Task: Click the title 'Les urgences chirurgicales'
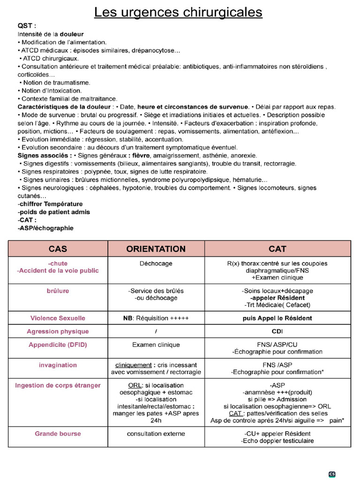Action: click(x=178, y=12)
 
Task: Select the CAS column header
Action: click(x=58, y=249)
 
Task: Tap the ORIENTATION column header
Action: click(x=156, y=249)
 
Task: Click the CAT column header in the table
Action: click(x=277, y=249)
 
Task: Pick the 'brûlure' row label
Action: click(x=58, y=291)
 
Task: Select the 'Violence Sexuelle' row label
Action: click(x=58, y=318)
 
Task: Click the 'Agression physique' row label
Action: click(x=58, y=331)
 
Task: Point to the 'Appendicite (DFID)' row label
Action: click(x=58, y=345)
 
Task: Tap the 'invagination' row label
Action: click(x=58, y=365)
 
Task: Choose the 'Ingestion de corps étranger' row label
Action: click(x=58, y=386)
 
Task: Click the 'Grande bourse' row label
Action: click(x=58, y=434)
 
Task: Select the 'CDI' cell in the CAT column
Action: click(x=277, y=331)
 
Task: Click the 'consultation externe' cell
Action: click(x=156, y=434)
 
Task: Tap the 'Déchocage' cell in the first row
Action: click(x=156, y=264)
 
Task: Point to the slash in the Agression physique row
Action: click(x=156, y=331)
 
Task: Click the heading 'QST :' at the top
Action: click(x=27, y=26)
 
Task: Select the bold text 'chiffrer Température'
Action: click(x=50, y=204)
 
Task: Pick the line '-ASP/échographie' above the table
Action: click(x=45, y=228)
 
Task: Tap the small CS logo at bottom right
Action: click(x=332, y=474)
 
